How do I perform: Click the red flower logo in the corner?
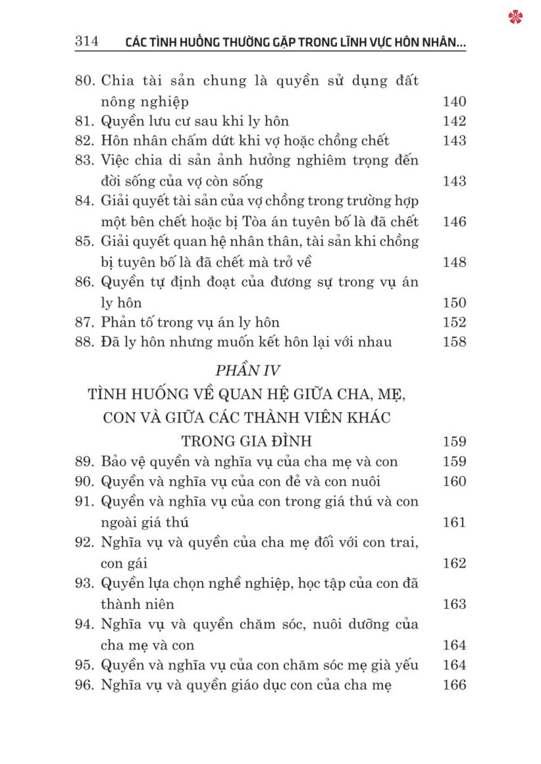click(516, 17)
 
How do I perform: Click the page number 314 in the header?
click(87, 41)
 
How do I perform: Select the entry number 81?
click(84, 121)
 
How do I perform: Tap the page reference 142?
click(454, 121)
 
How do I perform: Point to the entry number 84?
click(84, 201)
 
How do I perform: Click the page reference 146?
click(454, 222)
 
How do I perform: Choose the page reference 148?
click(454, 262)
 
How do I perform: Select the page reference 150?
click(454, 303)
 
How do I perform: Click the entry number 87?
click(84, 323)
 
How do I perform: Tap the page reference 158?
click(454, 342)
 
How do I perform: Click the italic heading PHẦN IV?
click(247, 371)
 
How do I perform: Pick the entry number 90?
click(84, 481)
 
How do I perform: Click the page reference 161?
click(454, 522)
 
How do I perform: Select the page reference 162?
click(454, 564)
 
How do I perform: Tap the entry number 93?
click(84, 584)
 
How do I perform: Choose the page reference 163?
click(454, 604)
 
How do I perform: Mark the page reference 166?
click(454, 685)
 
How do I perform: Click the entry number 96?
click(84, 685)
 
